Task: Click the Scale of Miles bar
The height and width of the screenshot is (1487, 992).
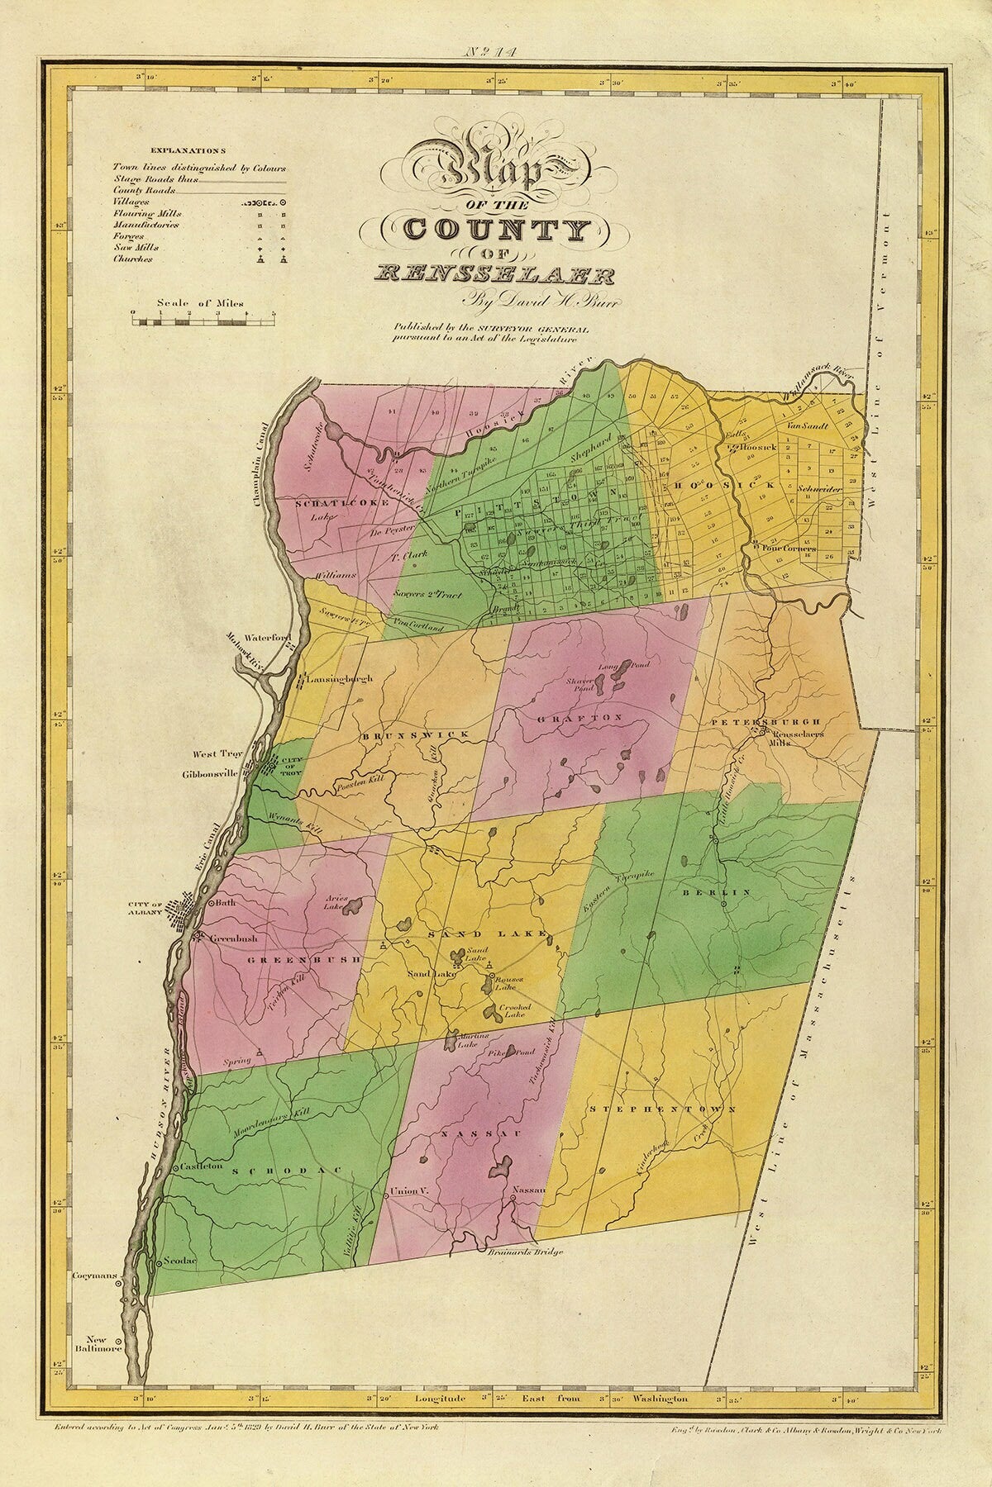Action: point(202,314)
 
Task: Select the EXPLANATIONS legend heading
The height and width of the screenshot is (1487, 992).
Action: point(187,151)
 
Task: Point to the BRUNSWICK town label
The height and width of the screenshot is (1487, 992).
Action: point(414,734)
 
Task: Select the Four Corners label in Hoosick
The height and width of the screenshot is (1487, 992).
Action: point(789,547)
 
